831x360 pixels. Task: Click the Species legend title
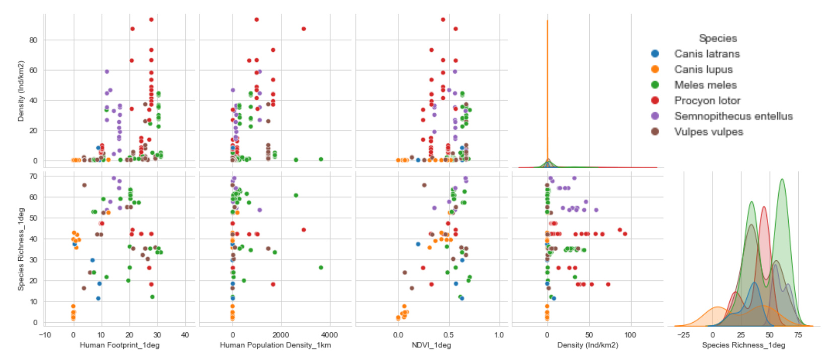717,38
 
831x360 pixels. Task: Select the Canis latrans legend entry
707,54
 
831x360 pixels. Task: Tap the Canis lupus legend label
703,69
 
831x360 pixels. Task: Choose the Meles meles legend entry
705,85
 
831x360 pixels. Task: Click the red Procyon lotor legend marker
655,101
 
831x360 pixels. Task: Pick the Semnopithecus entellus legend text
733,116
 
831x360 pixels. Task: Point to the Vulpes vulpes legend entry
708,132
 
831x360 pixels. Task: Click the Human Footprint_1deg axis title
119,345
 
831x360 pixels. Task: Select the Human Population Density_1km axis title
275,345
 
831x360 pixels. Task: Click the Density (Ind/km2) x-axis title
587,345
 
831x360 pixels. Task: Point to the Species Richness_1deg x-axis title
743,345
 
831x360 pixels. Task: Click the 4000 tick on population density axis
329,335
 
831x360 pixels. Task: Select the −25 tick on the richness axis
683,335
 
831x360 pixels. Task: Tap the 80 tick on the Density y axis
33,40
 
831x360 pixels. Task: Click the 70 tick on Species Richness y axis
33,176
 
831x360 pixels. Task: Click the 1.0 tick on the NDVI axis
499,335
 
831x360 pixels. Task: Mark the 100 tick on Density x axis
630,335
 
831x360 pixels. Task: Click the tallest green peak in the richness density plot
782,180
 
